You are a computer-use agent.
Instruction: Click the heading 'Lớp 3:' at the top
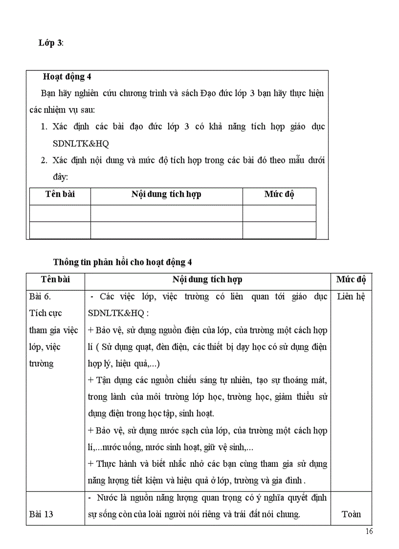pyautogui.click(x=51, y=43)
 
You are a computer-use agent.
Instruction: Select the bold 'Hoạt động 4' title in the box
pyautogui.click(x=67, y=76)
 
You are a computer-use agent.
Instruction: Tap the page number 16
pyautogui.click(x=369, y=532)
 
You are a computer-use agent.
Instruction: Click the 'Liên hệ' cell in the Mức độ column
pyautogui.click(x=351, y=296)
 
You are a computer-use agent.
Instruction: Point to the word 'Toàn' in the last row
pyautogui.click(x=351, y=514)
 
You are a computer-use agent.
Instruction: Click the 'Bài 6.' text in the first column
pyautogui.click(x=40, y=296)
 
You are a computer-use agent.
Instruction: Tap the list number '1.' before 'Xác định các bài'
pyautogui.click(x=44, y=127)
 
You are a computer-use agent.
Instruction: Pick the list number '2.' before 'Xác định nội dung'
pyautogui.click(x=44, y=160)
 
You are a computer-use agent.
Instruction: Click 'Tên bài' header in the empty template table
pyautogui.click(x=60, y=195)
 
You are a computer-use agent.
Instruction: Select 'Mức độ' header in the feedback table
pyautogui.click(x=351, y=280)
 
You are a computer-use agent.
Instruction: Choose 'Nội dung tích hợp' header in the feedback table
pyautogui.click(x=207, y=280)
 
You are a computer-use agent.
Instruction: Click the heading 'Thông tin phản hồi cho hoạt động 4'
pyautogui.click(x=122, y=262)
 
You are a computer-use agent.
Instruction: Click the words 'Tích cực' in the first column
pyautogui.click(x=45, y=313)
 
